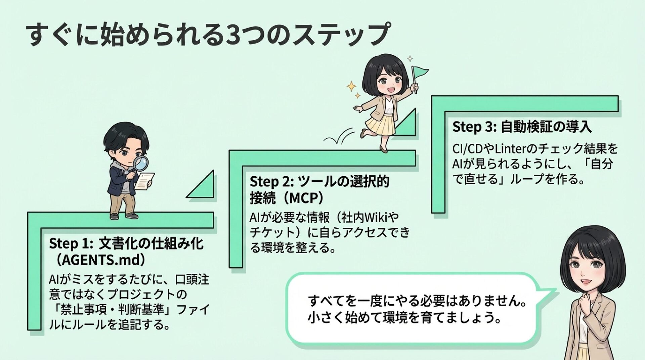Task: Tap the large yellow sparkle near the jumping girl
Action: click(x=351, y=86)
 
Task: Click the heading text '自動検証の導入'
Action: click(x=546, y=127)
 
